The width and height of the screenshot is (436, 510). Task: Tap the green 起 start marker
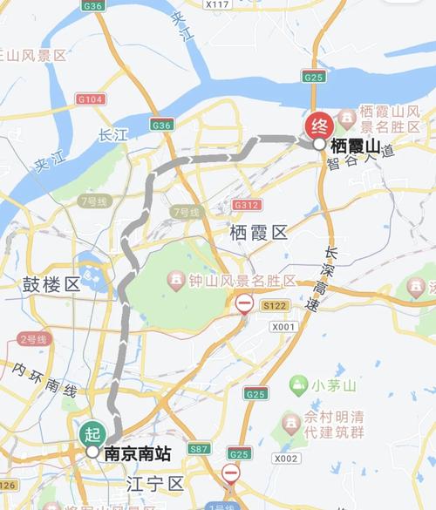[x=92, y=432]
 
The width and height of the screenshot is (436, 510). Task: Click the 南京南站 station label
[x=137, y=452]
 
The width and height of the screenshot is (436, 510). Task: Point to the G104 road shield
[x=91, y=99]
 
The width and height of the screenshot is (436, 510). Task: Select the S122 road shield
[x=275, y=305]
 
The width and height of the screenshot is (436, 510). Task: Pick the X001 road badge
[x=283, y=326]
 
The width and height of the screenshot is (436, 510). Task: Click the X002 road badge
[x=285, y=458]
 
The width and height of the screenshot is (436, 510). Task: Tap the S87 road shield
[x=200, y=448]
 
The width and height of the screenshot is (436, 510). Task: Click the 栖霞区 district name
[x=258, y=232]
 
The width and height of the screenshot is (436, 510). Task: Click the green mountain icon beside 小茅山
[x=299, y=384]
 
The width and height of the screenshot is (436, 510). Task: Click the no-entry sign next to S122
[x=244, y=303]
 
